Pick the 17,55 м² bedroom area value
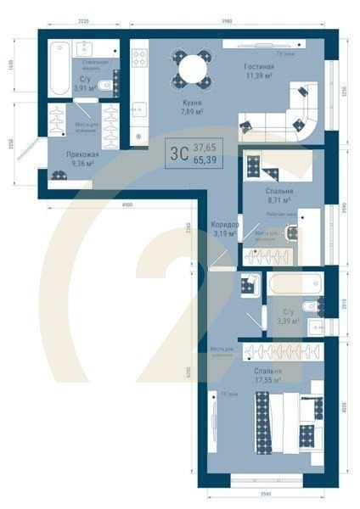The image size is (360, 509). point(267,381)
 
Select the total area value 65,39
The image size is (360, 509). point(204,159)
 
